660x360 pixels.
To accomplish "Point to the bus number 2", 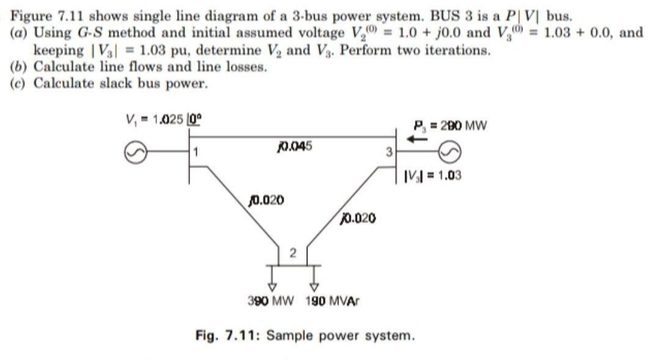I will [x=292, y=252].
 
